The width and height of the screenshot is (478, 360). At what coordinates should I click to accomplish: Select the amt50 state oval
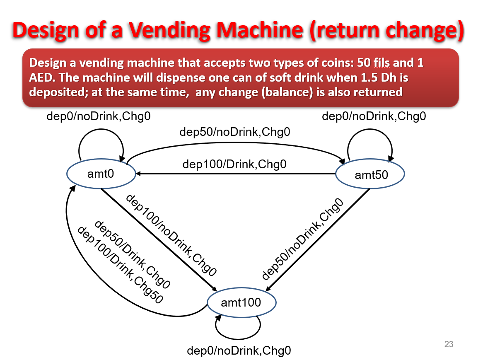tap(370, 175)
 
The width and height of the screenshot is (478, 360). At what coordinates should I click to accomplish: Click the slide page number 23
tap(449, 344)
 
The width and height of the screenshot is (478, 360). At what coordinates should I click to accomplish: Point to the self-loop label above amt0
tap(98, 116)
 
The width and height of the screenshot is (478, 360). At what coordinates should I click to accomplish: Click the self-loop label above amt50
tap(374, 116)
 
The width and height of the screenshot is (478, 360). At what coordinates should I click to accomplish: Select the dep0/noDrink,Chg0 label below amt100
tap(239, 351)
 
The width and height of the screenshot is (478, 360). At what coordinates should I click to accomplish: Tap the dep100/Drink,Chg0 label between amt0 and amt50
tap(234, 164)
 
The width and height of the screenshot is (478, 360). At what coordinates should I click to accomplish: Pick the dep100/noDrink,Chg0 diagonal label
tap(171, 234)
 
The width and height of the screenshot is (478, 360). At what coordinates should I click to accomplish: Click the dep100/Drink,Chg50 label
tap(121, 265)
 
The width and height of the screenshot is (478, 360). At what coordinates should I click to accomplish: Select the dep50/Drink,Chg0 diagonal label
tap(133, 254)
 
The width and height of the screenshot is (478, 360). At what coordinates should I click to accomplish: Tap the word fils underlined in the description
tap(389, 63)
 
